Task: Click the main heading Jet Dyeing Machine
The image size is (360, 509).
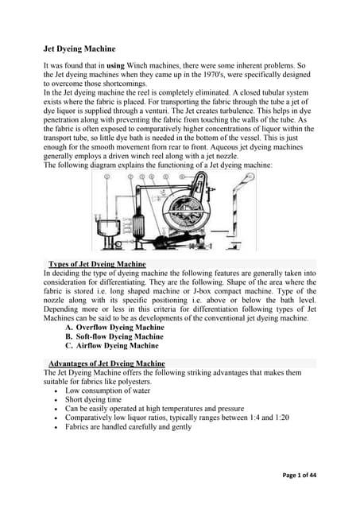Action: pos(83,48)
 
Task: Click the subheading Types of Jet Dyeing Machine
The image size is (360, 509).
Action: pos(97,263)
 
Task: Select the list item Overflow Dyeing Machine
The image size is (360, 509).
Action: pos(120,327)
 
